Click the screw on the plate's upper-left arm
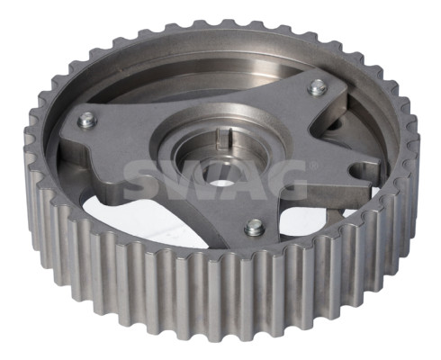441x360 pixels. coord(87,120)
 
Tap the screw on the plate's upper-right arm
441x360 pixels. coord(318,86)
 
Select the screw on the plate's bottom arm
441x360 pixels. coord(255,227)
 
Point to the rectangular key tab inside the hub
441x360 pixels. coord(224,138)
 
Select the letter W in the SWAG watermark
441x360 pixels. coord(192,181)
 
